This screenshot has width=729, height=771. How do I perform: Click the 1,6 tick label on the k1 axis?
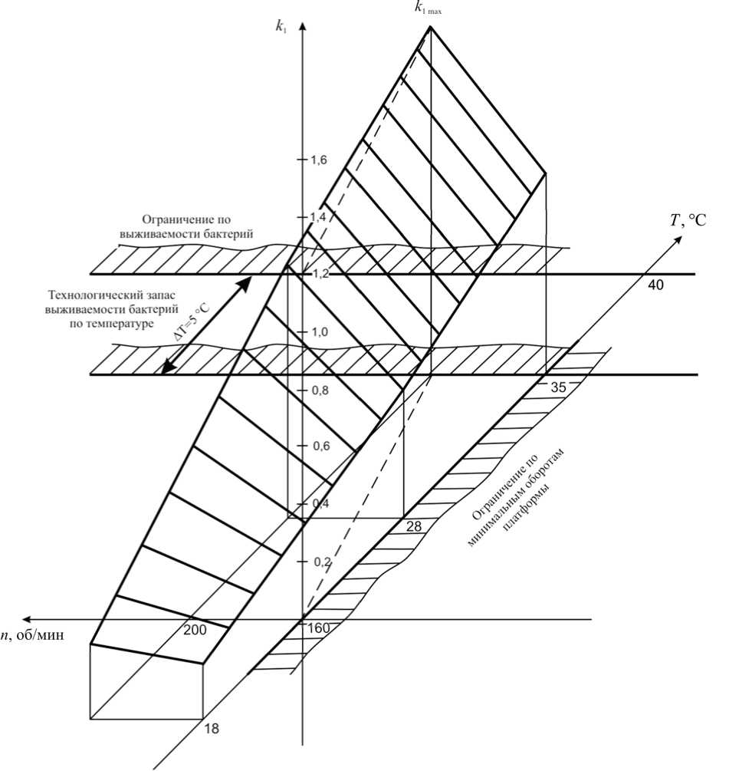point(318,160)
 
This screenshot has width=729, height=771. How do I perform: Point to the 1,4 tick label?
point(318,217)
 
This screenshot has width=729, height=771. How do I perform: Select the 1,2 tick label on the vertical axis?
point(318,274)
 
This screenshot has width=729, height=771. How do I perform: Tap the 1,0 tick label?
point(318,331)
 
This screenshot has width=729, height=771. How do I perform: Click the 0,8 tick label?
point(318,389)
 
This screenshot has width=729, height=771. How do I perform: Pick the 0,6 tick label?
point(318,446)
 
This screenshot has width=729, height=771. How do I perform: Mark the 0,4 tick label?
point(318,503)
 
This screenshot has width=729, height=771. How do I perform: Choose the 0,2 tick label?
point(318,561)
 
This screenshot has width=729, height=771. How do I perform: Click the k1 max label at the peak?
point(428,8)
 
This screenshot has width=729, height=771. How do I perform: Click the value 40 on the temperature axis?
point(655,285)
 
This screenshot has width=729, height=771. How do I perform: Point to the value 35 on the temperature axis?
point(559,387)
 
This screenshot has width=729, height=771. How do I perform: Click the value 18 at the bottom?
point(212,729)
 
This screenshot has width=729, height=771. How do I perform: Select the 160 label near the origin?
point(318,628)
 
